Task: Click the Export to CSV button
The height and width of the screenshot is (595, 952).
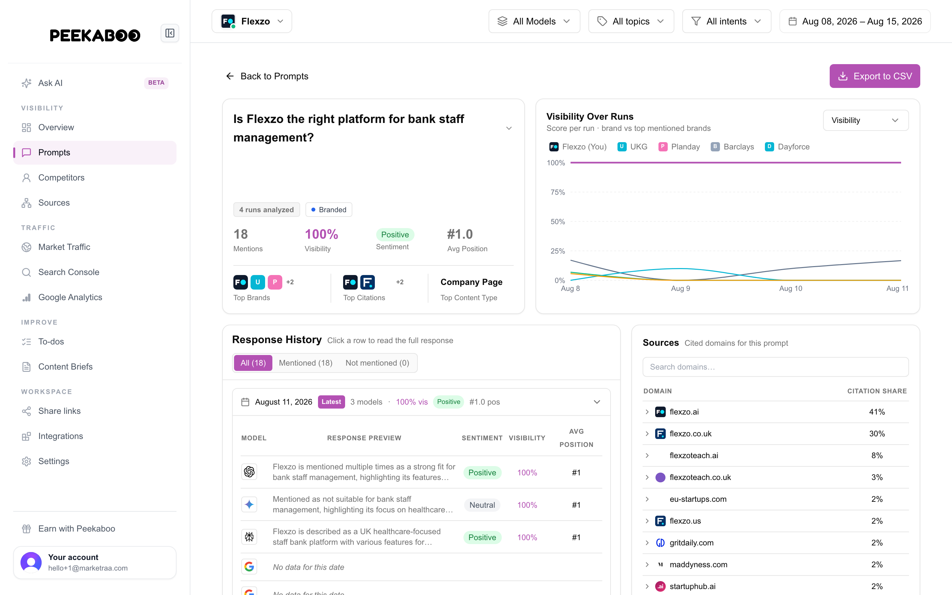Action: click(x=875, y=76)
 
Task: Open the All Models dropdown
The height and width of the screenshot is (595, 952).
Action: click(x=534, y=21)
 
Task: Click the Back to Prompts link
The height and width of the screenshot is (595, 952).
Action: click(x=267, y=76)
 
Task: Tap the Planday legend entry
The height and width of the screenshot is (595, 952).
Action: click(x=679, y=147)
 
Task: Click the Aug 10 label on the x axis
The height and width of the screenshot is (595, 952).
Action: click(x=790, y=289)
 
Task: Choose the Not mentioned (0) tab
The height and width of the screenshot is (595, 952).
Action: click(x=377, y=363)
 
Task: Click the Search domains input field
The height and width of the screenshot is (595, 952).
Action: click(x=775, y=367)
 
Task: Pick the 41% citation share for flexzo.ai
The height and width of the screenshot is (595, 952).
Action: click(x=877, y=412)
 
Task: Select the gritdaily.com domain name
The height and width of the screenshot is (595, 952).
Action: click(x=691, y=543)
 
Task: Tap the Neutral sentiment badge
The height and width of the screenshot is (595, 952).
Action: click(x=482, y=505)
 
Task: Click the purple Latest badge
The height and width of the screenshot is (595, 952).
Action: click(x=331, y=402)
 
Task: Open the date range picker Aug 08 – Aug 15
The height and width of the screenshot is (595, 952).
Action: click(x=855, y=21)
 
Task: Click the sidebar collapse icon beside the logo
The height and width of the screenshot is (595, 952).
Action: click(x=170, y=33)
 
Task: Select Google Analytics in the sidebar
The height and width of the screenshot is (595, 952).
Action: click(x=70, y=297)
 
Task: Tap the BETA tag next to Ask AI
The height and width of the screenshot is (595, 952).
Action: click(x=156, y=83)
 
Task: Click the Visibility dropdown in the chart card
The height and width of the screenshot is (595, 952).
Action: click(x=865, y=120)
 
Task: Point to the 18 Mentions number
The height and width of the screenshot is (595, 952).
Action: click(x=241, y=234)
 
